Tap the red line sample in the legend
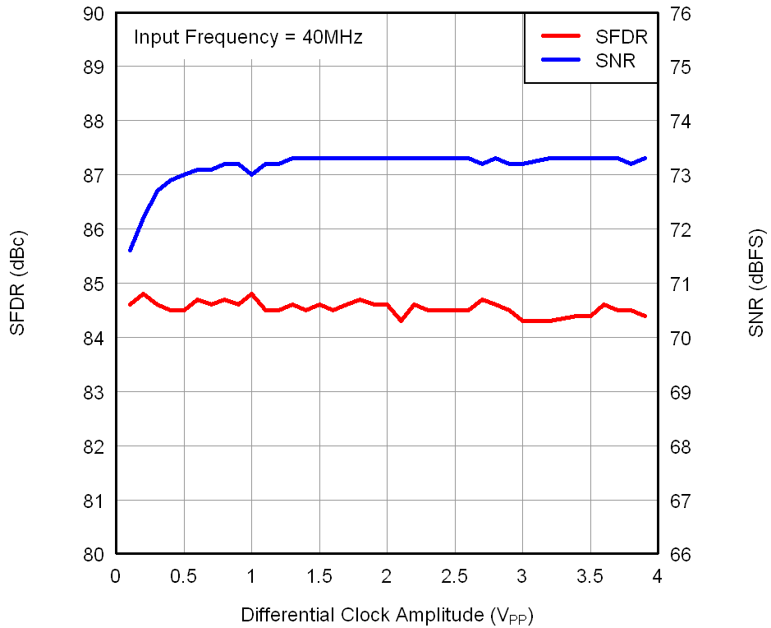560,36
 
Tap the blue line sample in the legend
560,59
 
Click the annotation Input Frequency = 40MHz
248,37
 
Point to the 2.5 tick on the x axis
454,575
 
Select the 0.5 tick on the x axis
184,575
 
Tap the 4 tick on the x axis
657,575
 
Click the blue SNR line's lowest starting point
130,251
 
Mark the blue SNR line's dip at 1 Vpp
251,174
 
